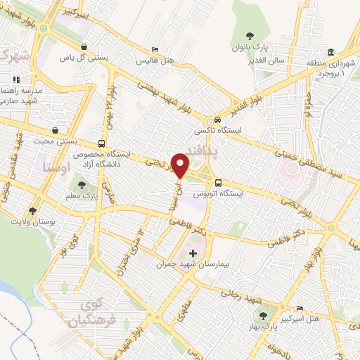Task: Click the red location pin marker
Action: (181, 165)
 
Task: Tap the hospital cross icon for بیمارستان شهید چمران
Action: (193, 252)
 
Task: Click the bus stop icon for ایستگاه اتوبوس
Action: (218, 181)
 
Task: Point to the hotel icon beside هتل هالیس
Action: (155, 49)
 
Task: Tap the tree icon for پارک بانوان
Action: (250, 35)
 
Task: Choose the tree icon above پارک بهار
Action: (264, 316)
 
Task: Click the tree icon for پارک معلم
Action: (83, 185)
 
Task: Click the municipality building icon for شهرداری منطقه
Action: (330, 51)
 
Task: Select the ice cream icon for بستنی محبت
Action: (55, 130)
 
